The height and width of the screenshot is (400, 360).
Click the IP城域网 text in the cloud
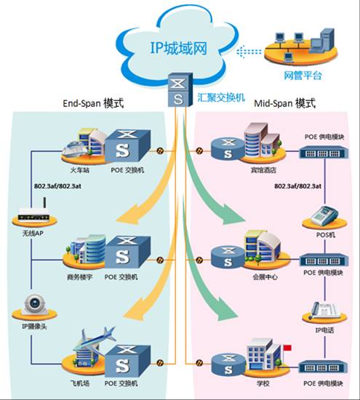[x=178, y=48]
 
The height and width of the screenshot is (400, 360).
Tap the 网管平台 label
[x=303, y=75]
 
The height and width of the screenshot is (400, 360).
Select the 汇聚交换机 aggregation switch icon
[x=180, y=89]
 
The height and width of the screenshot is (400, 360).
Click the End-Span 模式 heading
[x=93, y=103]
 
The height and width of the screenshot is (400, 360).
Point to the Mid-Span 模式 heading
[x=285, y=103]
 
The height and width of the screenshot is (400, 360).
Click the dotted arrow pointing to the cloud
[x=249, y=52]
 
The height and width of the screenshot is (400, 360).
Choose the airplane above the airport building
[x=95, y=337]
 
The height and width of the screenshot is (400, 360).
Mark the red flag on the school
[x=287, y=348]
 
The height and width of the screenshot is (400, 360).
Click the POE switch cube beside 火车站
[x=127, y=145]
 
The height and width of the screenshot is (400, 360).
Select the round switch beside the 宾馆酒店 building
[x=228, y=149]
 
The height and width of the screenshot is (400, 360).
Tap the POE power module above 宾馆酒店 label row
[x=324, y=152]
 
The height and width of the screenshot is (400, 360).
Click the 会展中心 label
[x=265, y=277]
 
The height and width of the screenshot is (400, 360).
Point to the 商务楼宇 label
[x=79, y=277]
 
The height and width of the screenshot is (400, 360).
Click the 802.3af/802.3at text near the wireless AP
[x=57, y=186]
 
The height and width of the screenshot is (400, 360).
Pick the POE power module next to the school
[x=323, y=367]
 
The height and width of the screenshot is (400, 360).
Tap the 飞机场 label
[x=80, y=383]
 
